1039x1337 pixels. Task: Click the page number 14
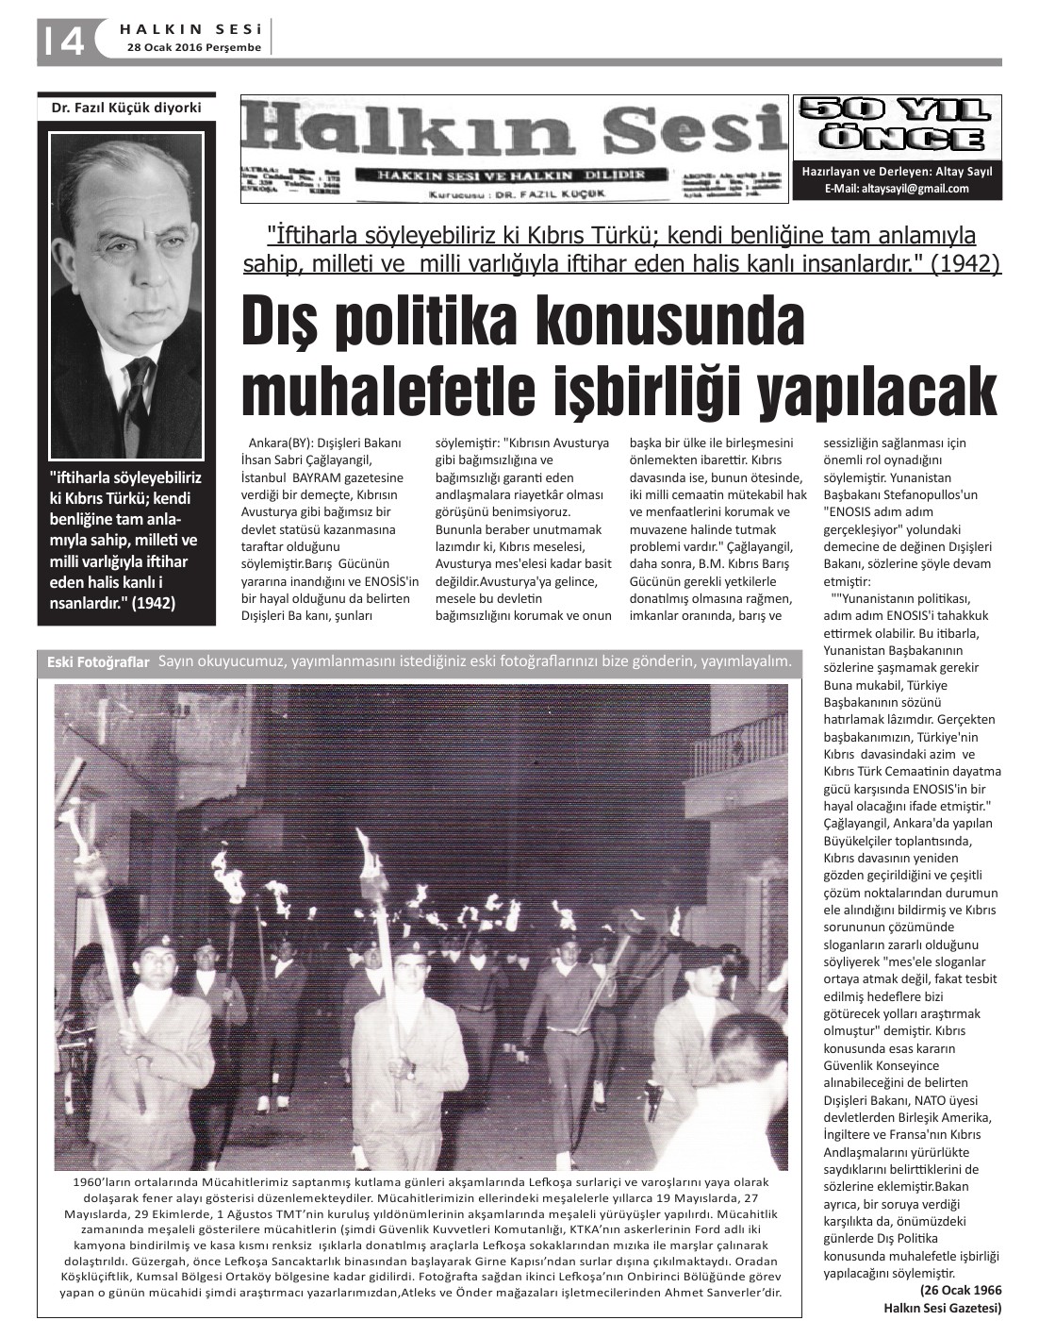pyautogui.click(x=62, y=40)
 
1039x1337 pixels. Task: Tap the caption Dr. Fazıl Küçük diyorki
pyautogui.click(x=126, y=108)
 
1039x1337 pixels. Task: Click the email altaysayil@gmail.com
pyautogui.click(x=897, y=189)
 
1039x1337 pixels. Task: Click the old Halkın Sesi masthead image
pyautogui.click(x=514, y=149)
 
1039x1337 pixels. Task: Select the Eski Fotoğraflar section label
pyautogui.click(x=98, y=663)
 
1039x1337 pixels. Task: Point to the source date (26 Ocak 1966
pyautogui.click(x=960, y=1291)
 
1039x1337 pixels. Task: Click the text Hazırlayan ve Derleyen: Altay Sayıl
pyautogui.click(x=896, y=172)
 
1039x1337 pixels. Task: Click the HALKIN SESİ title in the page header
pyautogui.click(x=193, y=29)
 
